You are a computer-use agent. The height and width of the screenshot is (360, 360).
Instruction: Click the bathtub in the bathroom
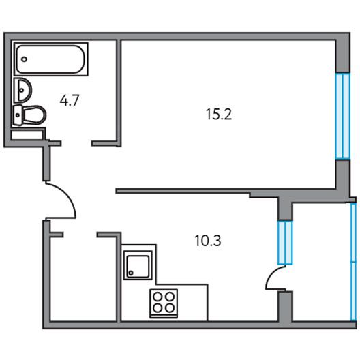pos(50,59)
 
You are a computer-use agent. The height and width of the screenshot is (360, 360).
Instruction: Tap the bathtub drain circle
pos(24,59)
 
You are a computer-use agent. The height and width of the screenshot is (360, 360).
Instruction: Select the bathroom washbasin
pos(22,90)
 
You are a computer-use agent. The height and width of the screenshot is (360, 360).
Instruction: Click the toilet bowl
pos(35,115)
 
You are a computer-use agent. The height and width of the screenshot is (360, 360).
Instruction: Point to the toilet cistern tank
pos(18,115)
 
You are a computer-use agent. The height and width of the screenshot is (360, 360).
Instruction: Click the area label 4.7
pos(70,100)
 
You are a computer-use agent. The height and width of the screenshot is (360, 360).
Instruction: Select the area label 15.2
pos(219,114)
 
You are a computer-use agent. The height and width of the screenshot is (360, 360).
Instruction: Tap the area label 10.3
pos(208,241)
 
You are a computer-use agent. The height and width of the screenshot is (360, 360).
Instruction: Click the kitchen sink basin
pos(138,265)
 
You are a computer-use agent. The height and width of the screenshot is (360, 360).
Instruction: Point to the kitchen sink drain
pos(131,273)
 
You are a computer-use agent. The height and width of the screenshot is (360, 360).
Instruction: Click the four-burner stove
pos(164,303)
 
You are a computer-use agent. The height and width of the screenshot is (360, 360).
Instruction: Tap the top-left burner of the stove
pos(157,297)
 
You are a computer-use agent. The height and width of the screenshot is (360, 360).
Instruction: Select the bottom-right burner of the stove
pos(170,308)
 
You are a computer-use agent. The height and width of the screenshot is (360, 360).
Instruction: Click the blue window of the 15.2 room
pos(343,116)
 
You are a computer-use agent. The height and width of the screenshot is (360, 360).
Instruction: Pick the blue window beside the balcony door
pos(285,243)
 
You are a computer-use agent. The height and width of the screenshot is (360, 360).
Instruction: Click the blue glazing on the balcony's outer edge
pos(354,262)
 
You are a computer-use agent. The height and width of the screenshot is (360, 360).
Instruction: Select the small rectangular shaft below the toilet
pos(27,135)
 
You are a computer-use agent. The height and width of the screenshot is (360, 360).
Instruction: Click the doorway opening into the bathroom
pos(76,143)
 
